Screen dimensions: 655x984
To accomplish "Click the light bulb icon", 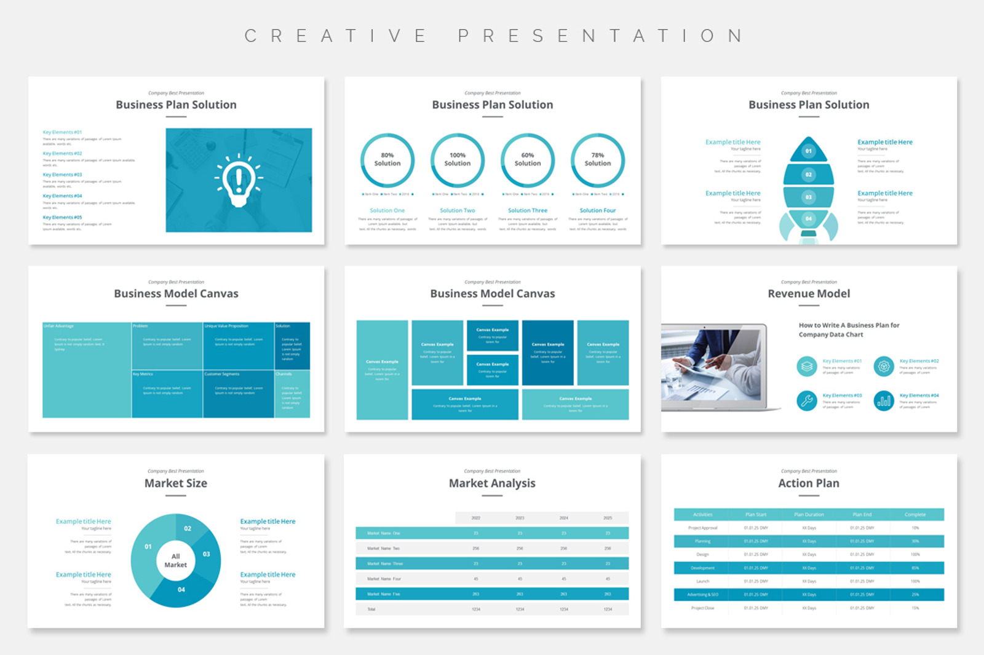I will (x=238, y=180).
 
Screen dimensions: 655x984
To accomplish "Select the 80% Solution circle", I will (x=387, y=160).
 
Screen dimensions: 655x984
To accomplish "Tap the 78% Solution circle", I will (x=598, y=160).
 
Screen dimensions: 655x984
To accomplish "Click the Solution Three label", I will (x=528, y=210).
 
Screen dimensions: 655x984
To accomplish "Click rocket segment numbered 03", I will (x=808, y=197).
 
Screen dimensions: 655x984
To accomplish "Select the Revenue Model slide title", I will (x=809, y=294).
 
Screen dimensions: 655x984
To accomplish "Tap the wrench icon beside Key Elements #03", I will (x=806, y=400).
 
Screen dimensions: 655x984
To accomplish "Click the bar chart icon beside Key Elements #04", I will (x=884, y=400).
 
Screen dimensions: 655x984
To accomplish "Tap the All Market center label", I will (x=176, y=560).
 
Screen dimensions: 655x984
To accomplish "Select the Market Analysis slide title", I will (x=492, y=483).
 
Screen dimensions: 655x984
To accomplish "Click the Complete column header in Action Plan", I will (x=915, y=515).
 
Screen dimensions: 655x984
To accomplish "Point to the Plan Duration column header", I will (x=809, y=515).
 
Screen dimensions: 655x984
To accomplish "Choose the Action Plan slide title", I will (x=809, y=483).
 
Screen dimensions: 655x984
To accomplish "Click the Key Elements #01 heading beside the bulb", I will (x=62, y=132).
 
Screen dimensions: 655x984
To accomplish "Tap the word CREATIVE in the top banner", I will (x=336, y=36).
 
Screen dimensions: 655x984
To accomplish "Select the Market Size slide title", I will (x=176, y=483).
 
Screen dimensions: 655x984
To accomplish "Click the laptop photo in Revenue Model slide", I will (x=713, y=367).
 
